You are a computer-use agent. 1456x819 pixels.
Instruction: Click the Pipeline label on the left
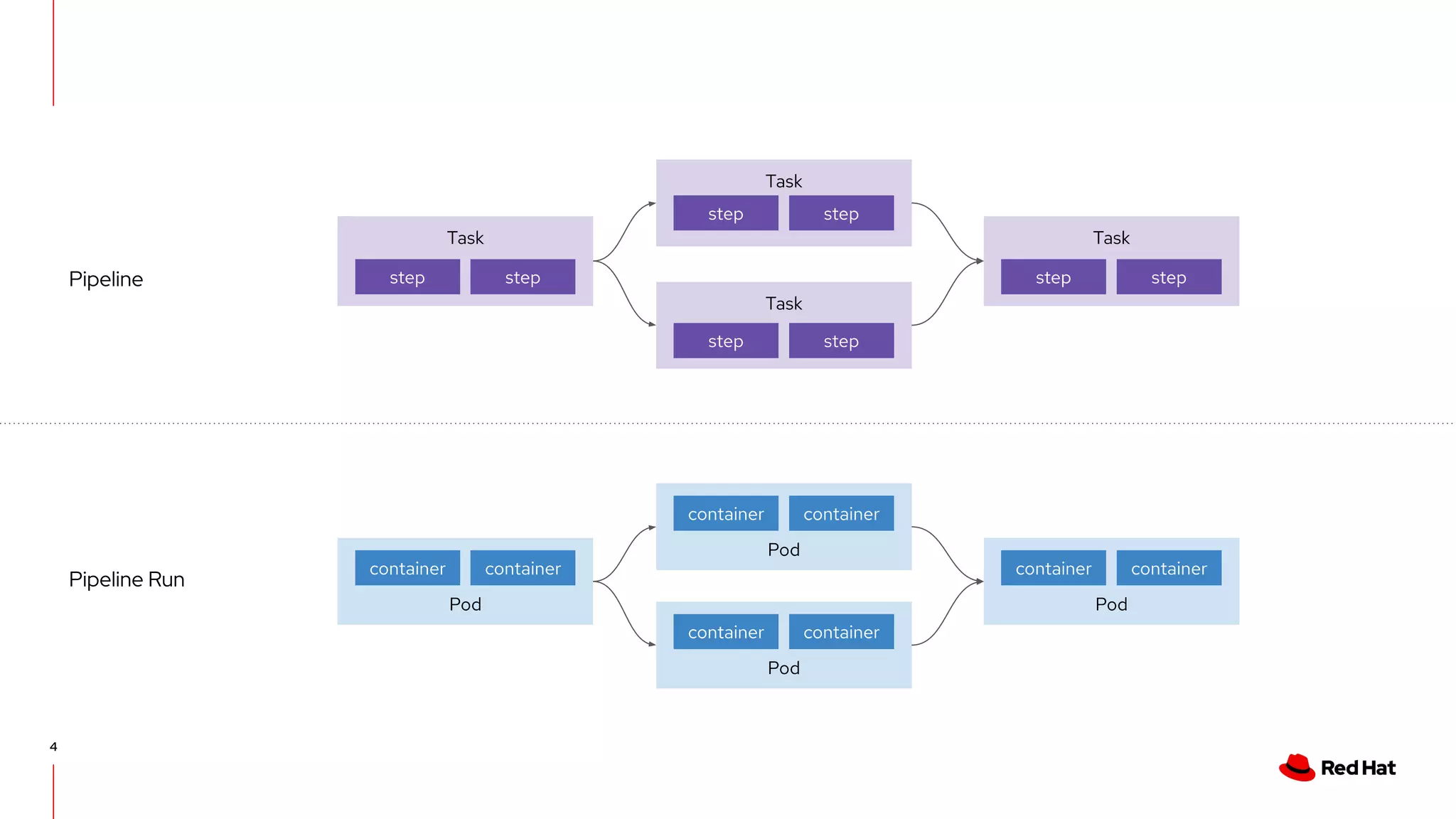point(106,279)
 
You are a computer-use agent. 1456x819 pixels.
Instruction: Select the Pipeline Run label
point(127,579)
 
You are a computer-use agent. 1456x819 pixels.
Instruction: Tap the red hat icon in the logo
point(1297,768)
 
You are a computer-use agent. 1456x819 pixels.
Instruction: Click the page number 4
point(53,746)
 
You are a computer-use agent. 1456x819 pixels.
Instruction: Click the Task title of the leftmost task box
point(465,238)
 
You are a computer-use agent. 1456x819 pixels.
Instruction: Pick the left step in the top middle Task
point(725,213)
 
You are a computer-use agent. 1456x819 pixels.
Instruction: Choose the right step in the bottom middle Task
point(841,341)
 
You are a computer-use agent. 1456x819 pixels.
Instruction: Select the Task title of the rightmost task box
point(1110,238)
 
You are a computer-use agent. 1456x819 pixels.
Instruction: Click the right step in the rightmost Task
point(1168,277)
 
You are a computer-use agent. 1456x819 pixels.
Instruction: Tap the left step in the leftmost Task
point(407,277)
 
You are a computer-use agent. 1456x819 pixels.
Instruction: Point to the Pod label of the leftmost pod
point(465,604)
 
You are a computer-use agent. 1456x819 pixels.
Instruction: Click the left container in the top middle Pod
point(725,514)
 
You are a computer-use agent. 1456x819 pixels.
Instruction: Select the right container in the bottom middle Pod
point(841,632)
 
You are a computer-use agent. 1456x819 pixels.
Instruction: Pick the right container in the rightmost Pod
point(1168,569)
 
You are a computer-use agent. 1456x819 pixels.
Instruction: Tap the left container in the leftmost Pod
point(407,569)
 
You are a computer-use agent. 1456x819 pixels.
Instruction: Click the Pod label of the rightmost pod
point(1110,604)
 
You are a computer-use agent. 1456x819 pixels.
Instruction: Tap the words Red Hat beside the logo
point(1358,768)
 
